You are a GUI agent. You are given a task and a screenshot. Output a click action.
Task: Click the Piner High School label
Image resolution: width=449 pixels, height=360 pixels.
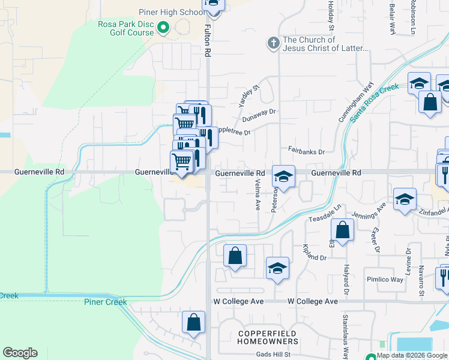pyautogui.click(x=171, y=12)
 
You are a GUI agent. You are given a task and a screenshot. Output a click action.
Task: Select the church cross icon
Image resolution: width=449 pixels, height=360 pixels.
pyautogui.click(x=273, y=43)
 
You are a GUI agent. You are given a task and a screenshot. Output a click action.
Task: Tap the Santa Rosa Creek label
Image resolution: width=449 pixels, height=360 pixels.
pyautogui.click(x=375, y=102)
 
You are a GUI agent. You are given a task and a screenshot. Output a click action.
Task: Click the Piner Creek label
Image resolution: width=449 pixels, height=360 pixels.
pyautogui.click(x=105, y=302)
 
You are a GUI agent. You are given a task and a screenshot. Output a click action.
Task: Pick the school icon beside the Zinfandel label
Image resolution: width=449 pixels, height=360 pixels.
pyautogui.click(x=405, y=200)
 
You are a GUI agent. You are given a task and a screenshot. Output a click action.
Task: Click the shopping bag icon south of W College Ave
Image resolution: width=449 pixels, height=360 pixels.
pyautogui.click(x=194, y=322)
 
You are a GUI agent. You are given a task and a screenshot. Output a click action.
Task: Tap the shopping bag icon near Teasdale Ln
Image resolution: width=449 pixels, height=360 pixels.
pyautogui.click(x=342, y=230)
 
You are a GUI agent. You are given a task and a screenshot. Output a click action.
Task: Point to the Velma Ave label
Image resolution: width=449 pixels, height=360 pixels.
pyautogui.click(x=258, y=196)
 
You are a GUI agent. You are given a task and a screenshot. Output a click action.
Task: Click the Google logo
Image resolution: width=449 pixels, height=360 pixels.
pyautogui.click(x=20, y=353)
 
